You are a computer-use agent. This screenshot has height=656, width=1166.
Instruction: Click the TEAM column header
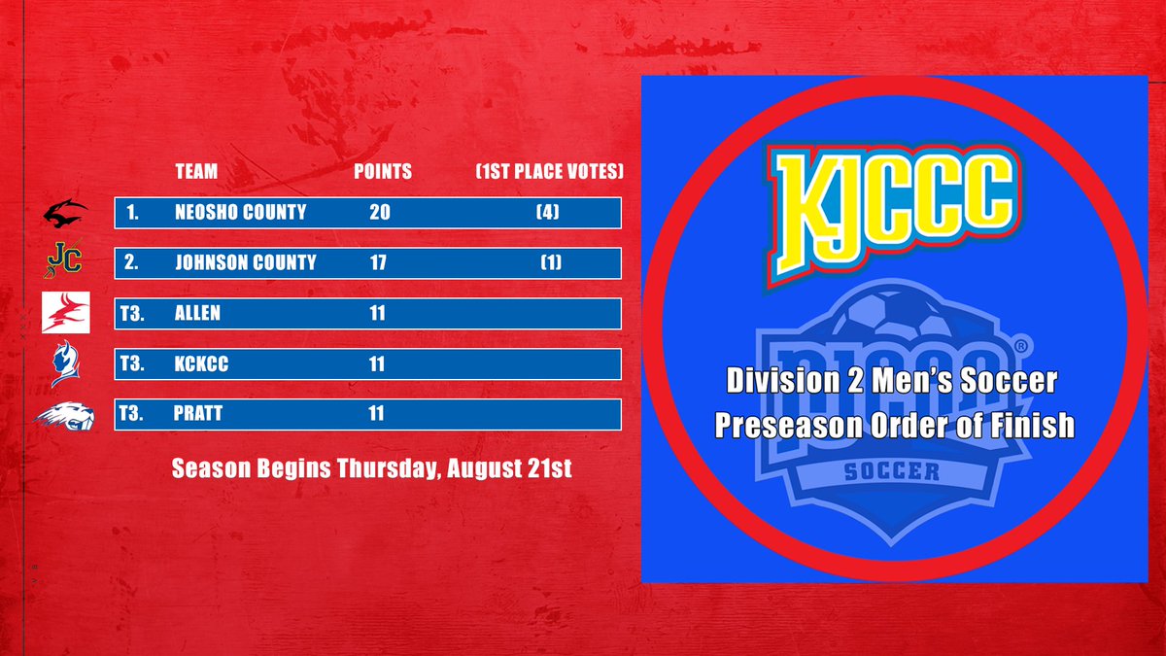196,172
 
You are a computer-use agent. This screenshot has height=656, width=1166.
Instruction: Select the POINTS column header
382,172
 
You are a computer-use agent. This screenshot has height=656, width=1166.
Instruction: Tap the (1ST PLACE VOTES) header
549,172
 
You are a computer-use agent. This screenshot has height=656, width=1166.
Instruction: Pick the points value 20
379,212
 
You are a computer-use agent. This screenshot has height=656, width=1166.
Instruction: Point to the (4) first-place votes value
549,212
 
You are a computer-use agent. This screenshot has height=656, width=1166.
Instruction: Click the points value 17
378,261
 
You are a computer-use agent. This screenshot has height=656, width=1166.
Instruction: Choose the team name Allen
198,313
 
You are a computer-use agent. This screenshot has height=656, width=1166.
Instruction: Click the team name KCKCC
201,363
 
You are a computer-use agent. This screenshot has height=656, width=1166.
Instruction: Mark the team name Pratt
199,414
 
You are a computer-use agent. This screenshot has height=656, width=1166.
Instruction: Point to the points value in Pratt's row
376,414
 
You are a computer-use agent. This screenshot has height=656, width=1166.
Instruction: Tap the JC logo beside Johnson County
65,260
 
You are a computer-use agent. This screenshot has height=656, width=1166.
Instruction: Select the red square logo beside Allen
65,312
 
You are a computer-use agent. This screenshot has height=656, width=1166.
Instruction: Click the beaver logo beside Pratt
65,416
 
